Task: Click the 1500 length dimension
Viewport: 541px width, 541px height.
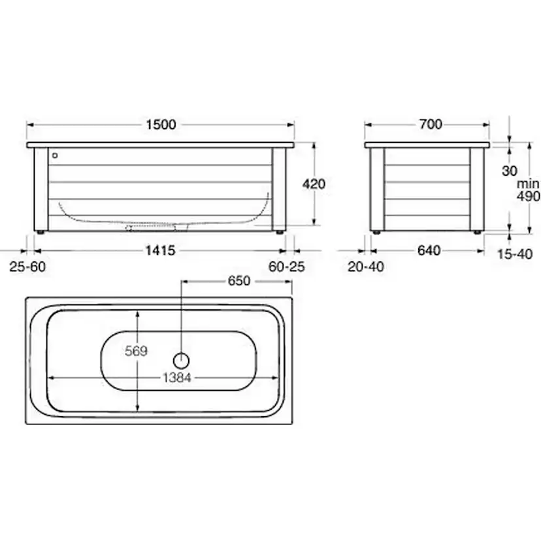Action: tap(161, 125)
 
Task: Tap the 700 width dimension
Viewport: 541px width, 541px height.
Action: tap(431, 124)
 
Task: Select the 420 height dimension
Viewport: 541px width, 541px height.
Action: tap(314, 184)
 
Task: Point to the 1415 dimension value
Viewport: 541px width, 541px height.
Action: tap(161, 250)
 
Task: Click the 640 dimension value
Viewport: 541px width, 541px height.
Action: tap(429, 250)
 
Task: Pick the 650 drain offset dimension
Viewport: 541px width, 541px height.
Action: tap(238, 281)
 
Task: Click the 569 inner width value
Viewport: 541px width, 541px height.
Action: tap(137, 352)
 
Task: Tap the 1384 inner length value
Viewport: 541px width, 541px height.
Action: tap(176, 378)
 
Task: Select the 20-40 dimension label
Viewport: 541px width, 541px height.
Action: tap(366, 267)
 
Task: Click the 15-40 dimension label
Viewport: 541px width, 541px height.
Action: tap(515, 254)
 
